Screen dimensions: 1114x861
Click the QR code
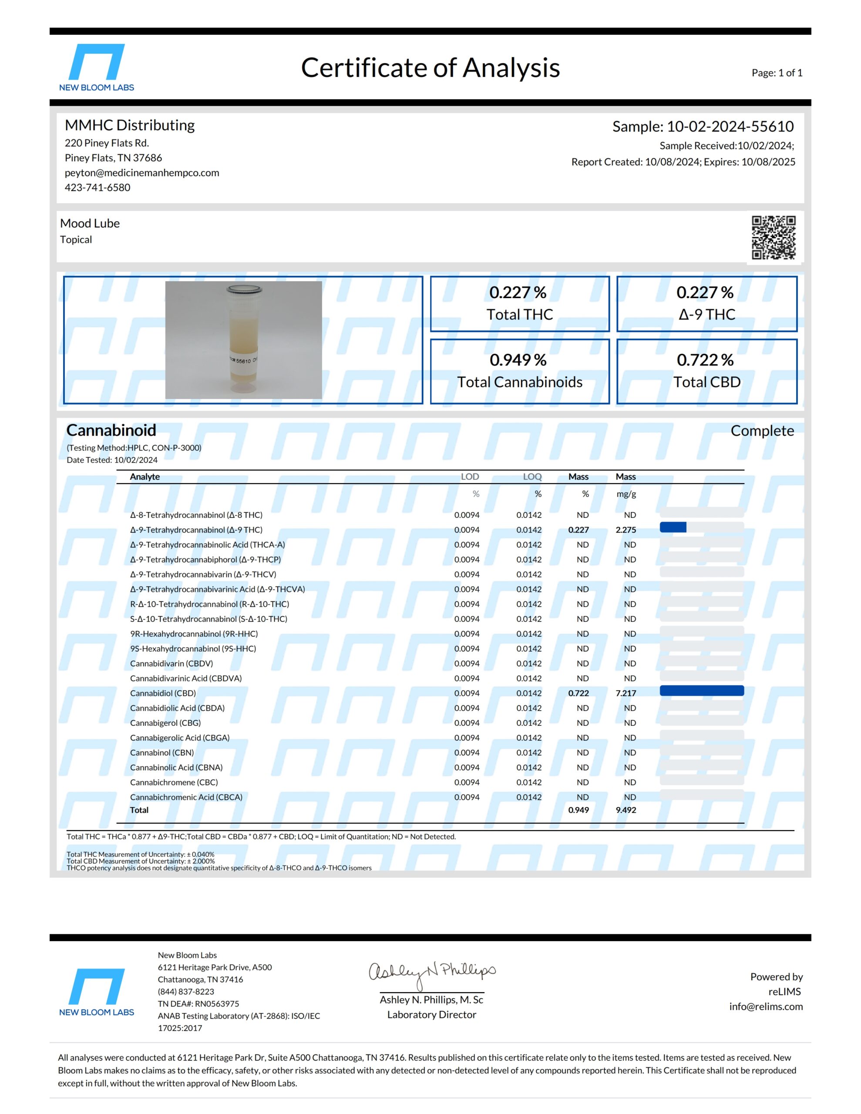[773, 237]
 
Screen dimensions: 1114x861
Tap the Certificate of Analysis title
[430, 68]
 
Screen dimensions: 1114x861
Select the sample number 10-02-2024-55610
[730, 127]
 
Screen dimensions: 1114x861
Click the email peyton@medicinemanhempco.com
[142, 173]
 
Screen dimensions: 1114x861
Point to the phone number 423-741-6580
[98, 188]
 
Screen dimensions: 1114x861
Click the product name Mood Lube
[90, 223]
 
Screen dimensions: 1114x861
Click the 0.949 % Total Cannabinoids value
[518, 360]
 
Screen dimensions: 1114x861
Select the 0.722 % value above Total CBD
[705, 360]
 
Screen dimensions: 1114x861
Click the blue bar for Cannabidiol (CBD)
[701, 691]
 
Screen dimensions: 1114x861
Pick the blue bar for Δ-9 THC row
[673, 527]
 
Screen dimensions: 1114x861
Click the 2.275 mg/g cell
[626, 530]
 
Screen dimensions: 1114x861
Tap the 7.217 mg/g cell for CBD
[626, 693]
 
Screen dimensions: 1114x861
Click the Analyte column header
[145, 477]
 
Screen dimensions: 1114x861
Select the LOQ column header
[532, 477]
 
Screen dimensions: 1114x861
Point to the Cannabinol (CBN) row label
[162, 753]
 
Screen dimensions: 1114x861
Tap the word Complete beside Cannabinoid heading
[762, 431]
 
